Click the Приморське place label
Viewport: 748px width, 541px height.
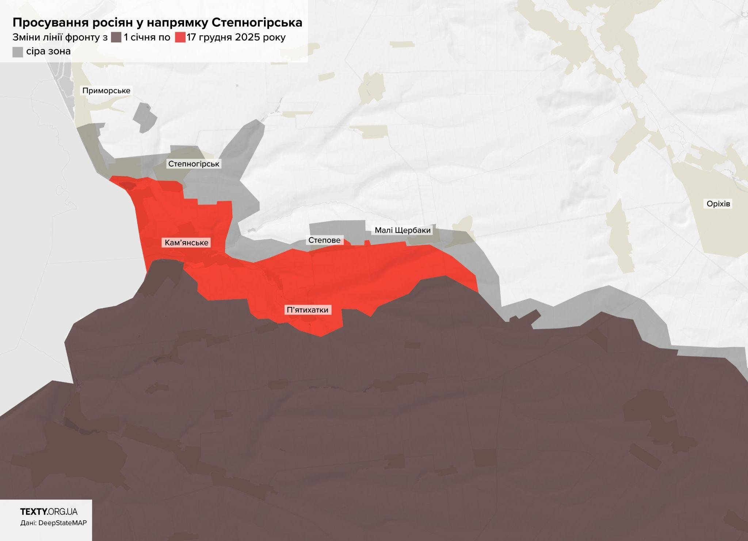click(106, 91)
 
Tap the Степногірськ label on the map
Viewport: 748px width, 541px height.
click(194, 164)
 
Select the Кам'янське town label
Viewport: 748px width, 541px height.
click(186, 243)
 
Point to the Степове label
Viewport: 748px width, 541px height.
click(324, 240)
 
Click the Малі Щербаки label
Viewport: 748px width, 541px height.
click(402, 230)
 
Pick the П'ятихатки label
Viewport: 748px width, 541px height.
click(308, 310)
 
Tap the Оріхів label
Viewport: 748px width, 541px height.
click(718, 204)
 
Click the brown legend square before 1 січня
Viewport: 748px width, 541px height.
click(116, 37)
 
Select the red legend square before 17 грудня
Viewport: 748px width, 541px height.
click(180, 37)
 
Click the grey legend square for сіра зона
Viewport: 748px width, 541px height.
click(18, 52)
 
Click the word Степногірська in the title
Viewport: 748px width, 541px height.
click(257, 23)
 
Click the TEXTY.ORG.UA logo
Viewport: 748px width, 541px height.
click(49, 512)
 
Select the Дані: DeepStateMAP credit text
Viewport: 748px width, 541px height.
click(54, 523)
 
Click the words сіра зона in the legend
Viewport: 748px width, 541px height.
click(49, 51)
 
